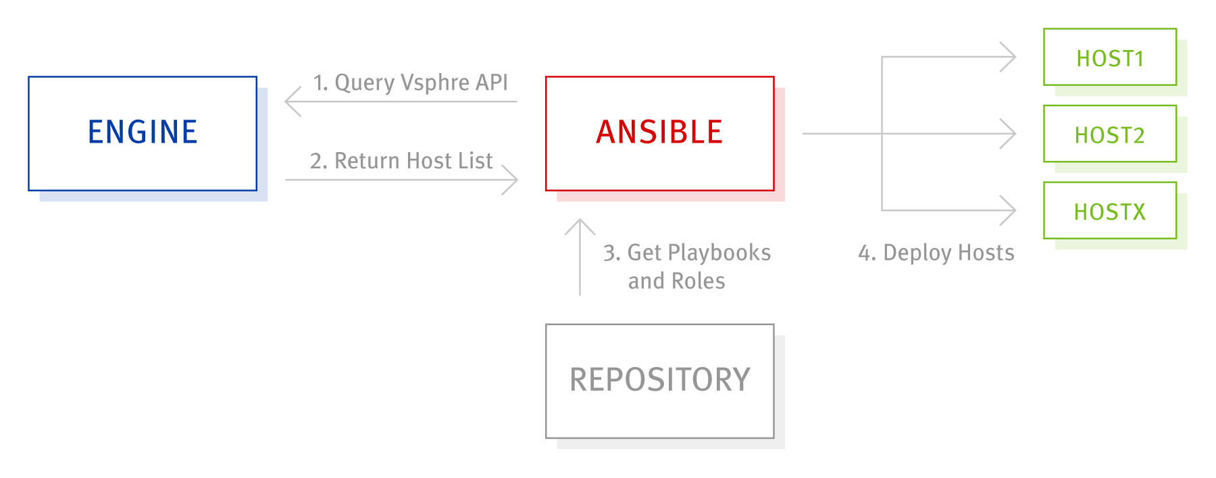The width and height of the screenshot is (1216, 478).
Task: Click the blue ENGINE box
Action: tap(143, 133)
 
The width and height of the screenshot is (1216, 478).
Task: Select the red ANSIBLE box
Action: tap(659, 133)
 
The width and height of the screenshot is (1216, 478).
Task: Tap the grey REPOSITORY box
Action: tap(659, 381)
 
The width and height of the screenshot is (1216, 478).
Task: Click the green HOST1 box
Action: tap(1109, 57)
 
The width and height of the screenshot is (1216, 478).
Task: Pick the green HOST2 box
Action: tap(1109, 134)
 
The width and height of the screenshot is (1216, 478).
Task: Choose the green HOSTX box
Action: tap(1109, 210)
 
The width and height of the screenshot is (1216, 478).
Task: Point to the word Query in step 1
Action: tap(364, 82)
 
